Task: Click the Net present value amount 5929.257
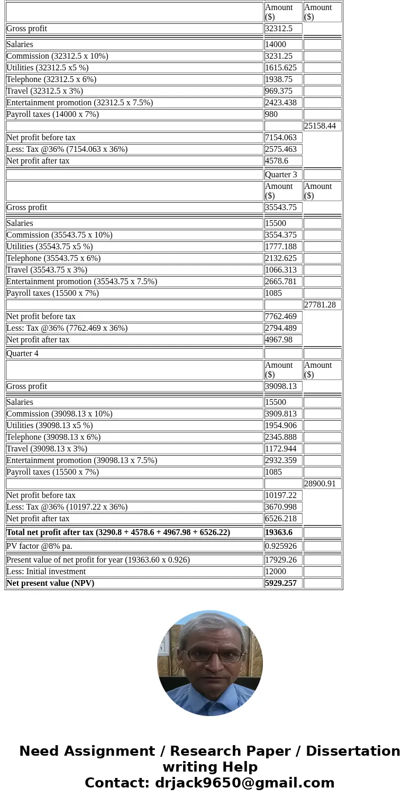[280, 583]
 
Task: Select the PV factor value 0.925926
[280, 546]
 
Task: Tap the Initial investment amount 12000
[276, 571]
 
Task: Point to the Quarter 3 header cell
[281, 174]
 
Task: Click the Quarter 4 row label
[22, 353]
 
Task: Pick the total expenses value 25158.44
[320, 125]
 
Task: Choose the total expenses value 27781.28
[320, 304]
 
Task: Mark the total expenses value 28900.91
[320, 483]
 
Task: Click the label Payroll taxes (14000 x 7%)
[52, 114]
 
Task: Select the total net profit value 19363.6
[279, 532]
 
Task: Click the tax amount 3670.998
[280, 506]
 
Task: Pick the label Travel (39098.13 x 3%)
[47, 448]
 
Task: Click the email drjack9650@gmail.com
[244, 783]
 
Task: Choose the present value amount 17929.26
[280, 559]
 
